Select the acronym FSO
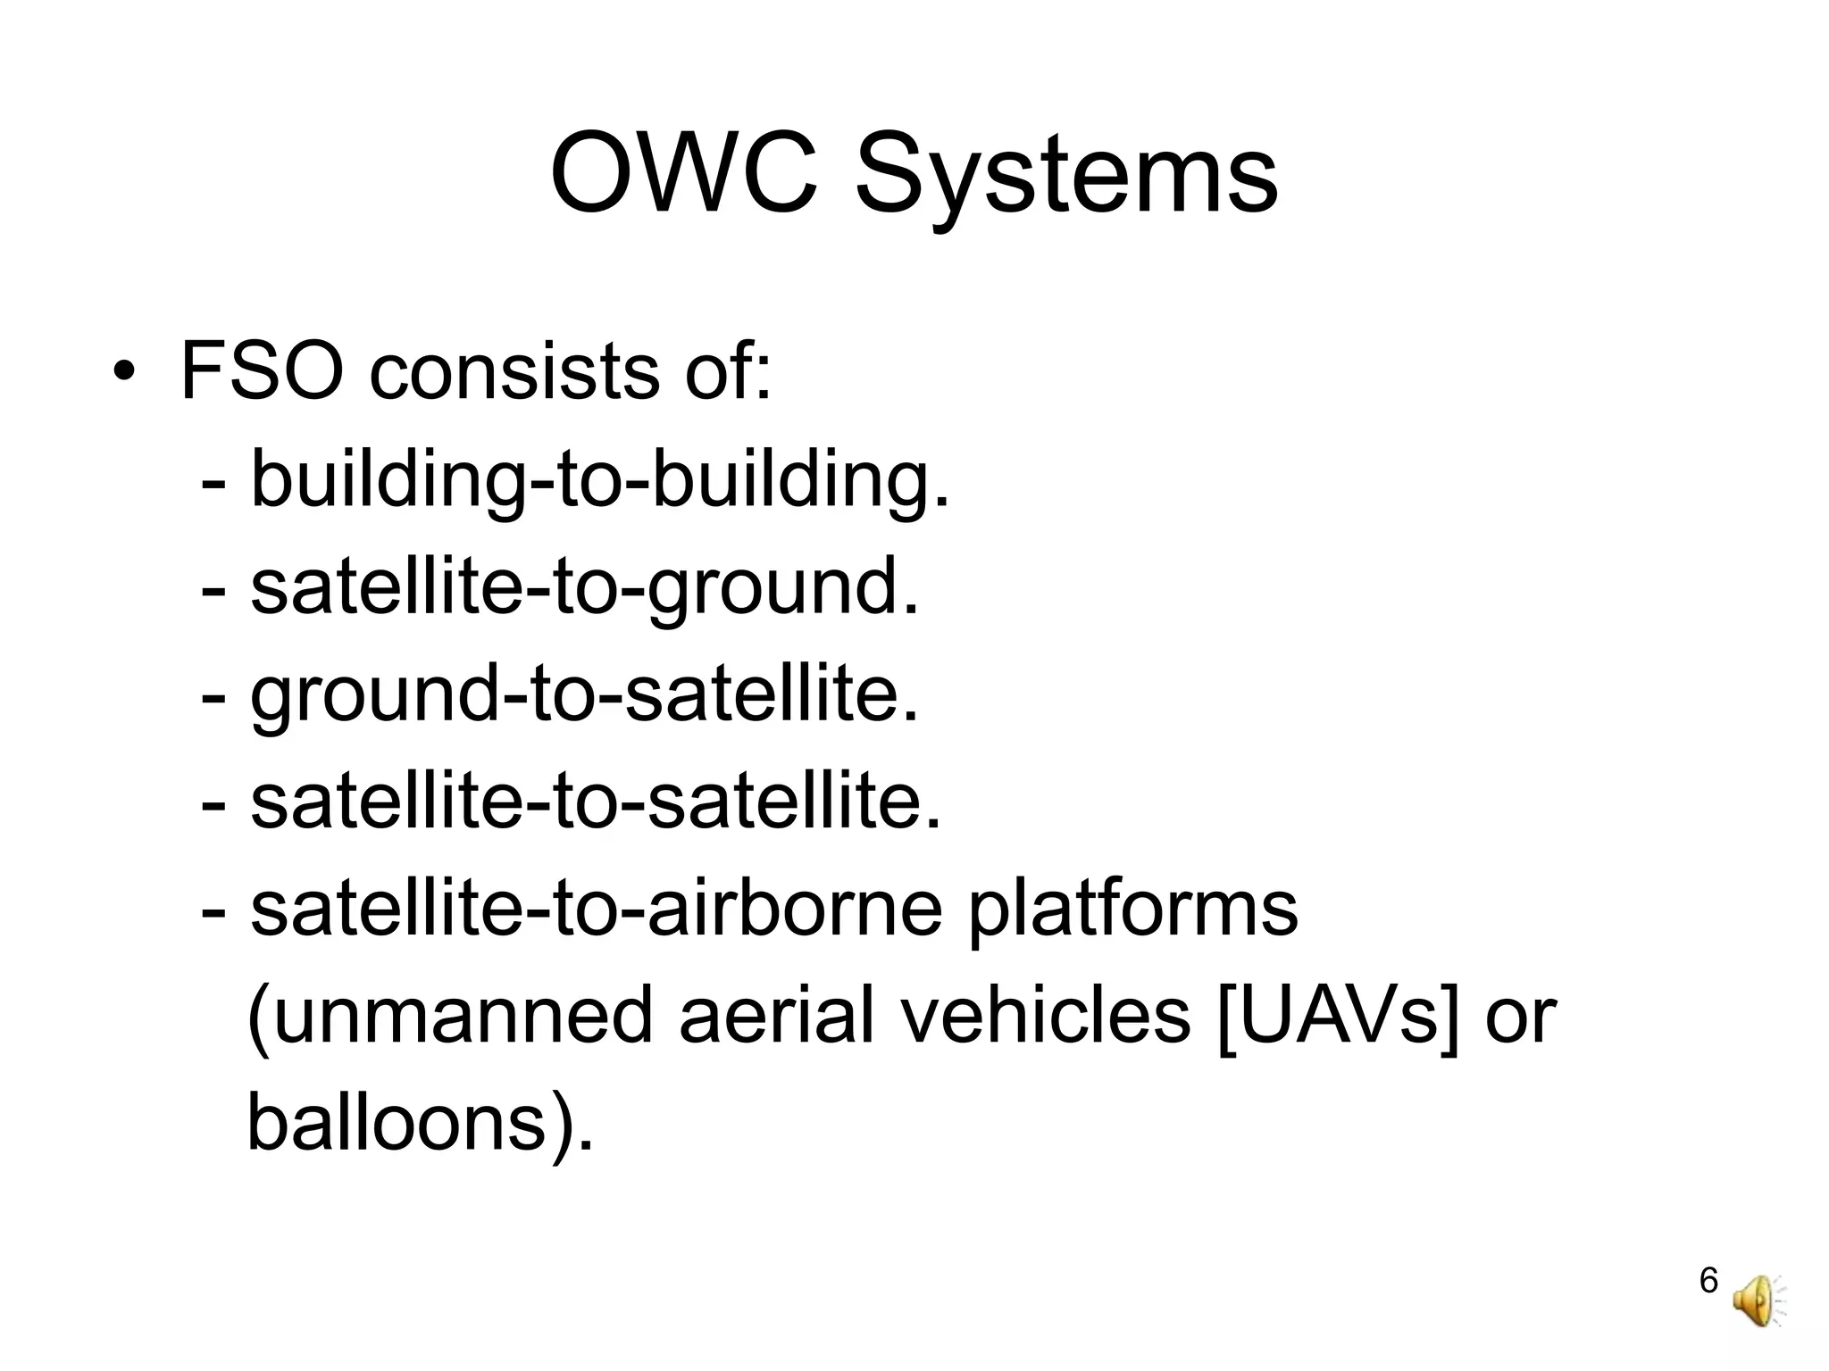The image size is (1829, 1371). [261, 370]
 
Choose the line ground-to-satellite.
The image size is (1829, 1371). [584, 696]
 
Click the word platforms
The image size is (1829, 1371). [1132, 910]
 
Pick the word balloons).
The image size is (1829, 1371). [420, 1125]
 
